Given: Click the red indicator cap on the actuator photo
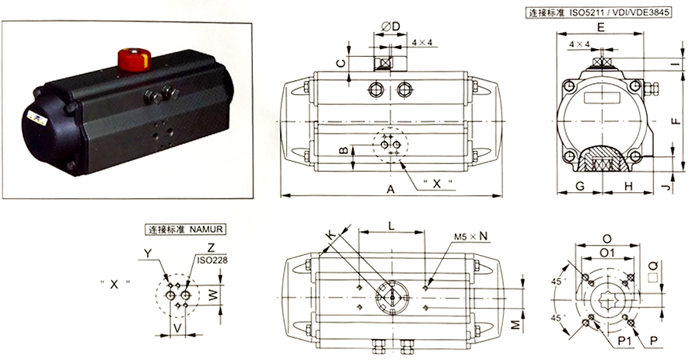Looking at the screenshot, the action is pyautogui.click(x=135, y=60).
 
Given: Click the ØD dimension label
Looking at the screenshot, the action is pyautogui.click(x=390, y=26).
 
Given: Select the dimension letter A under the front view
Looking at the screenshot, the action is pyautogui.click(x=390, y=189).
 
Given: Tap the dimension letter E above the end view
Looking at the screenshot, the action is pyautogui.click(x=601, y=27).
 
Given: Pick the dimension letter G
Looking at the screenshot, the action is pyautogui.click(x=580, y=186).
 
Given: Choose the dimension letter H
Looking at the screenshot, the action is pyautogui.click(x=628, y=186).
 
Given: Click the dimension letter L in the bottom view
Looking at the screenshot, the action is pyautogui.click(x=391, y=226).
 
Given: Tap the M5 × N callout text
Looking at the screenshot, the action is pyautogui.click(x=471, y=236).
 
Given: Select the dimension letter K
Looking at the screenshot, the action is pyautogui.click(x=331, y=235).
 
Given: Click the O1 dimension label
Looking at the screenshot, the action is pyautogui.click(x=607, y=253).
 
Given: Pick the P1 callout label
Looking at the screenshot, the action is pyautogui.click(x=624, y=341).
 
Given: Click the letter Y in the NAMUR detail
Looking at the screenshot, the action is pyautogui.click(x=148, y=253).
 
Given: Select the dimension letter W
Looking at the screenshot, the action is pyautogui.click(x=214, y=295).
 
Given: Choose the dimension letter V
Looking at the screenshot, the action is pyautogui.click(x=177, y=328).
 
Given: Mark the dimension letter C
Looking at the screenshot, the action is pyautogui.click(x=341, y=63).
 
